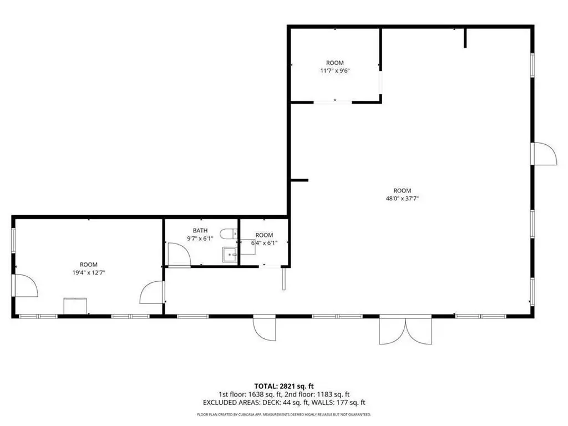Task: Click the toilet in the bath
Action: (228, 234)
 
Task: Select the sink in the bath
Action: (229, 255)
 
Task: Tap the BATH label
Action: (200, 231)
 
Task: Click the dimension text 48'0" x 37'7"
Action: (403, 199)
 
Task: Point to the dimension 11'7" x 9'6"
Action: (334, 70)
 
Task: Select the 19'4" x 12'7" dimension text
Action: (89, 273)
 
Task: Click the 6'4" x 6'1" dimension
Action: (265, 243)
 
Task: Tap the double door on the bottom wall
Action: (405, 331)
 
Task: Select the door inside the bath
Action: (179, 255)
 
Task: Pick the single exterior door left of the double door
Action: (265, 328)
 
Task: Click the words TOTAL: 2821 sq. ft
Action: (281, 386)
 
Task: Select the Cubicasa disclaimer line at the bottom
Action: (284, 414)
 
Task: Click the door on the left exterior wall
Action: (26, 286)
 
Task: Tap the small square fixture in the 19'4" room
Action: (75, 306)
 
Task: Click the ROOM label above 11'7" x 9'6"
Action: (334, 63)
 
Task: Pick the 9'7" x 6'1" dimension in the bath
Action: (200, 239)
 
